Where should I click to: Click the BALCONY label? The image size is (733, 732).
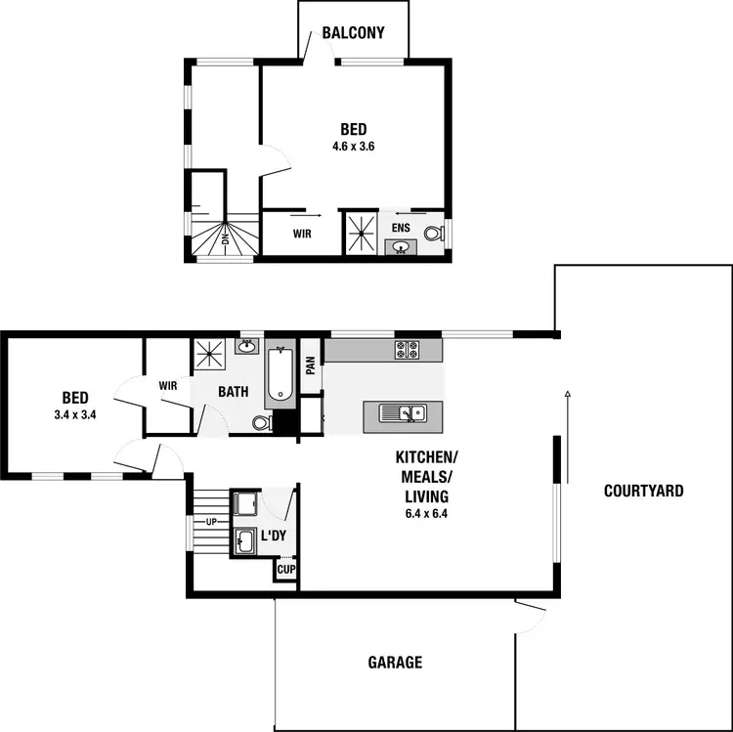[x=353, y=33]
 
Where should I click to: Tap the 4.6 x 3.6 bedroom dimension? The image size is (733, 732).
[x=354, y=147]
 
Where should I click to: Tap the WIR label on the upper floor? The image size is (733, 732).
[x=303, y=234]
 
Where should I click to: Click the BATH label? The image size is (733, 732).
[x=233, y=392]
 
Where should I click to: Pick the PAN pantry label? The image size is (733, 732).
[x=310, y=365]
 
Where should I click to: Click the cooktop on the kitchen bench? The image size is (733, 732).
[x=407, y=349]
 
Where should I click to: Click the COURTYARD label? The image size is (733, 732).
[x=643, y=491]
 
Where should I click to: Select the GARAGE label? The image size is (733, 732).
[x=395, y=663]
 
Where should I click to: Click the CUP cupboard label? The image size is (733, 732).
[x=286, y=569]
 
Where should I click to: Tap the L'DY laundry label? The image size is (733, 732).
[x=273, y=537]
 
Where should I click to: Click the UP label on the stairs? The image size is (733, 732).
[x=210, y=521]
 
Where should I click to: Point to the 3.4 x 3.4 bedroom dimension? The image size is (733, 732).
[x=75, y=414]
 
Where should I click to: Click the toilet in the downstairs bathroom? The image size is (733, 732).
[x=260, y=423]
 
